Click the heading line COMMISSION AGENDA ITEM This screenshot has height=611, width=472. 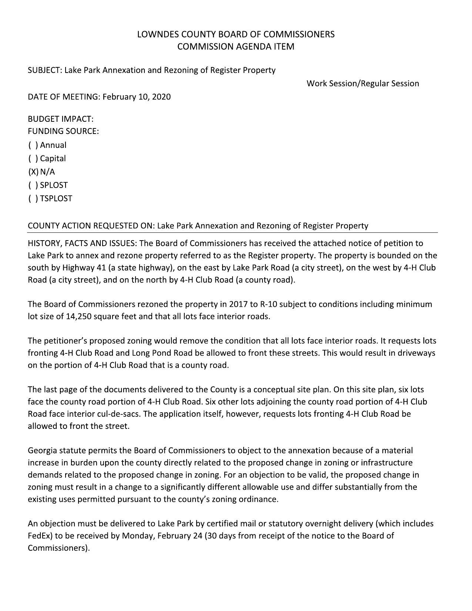pyautogui.click(x=236, y=47)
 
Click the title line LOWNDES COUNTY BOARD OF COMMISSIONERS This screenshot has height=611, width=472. pyautogui.click(x=236, y=34)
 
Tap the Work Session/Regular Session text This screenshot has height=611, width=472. pyautogui.click(x=363, y=83)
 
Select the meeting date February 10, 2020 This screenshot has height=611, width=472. pyautogui.click(x=137, y=97)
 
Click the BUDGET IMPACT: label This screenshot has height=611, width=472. pyautogui.click(x=61, y=119)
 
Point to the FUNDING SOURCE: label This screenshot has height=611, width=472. pyautogui.click(x=63, y=131)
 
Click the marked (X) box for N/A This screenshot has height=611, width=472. pyautogui.click(x=33, y=172)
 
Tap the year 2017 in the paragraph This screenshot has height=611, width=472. pyautogui.click(x=238, y=305)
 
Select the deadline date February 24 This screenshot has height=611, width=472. pyautogui.click(x=180, y=536)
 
